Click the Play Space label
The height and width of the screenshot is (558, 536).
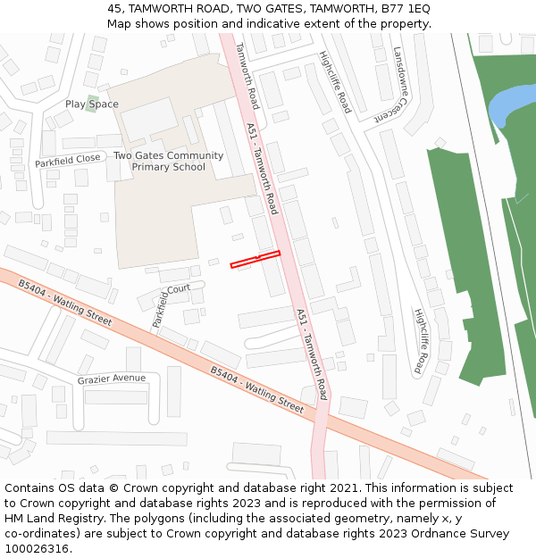coord(91,104)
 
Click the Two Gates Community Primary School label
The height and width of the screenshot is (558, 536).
coord(169,161)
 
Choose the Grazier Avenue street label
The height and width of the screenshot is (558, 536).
coord(111,379)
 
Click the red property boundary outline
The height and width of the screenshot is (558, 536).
coord(255,259)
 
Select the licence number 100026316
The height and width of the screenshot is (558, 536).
coord(38,549)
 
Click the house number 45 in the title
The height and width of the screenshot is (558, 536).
coord(114,8)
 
